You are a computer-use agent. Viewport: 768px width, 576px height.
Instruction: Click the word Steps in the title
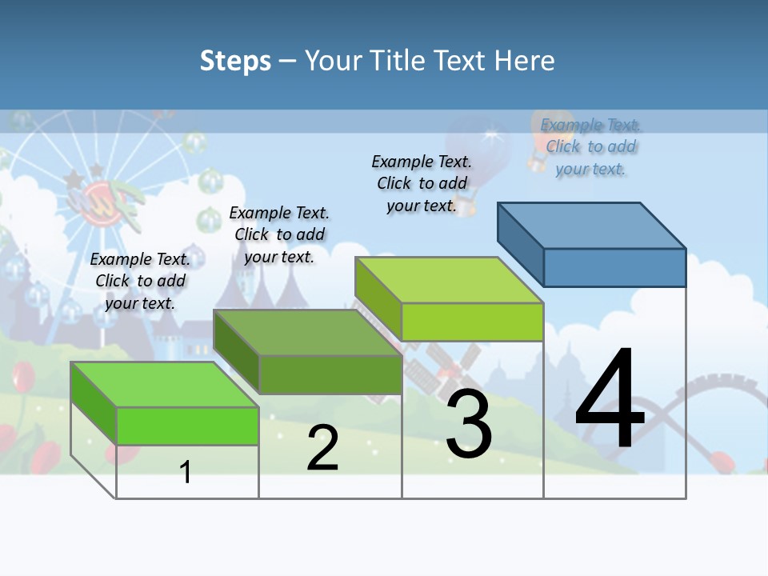pos(235,61)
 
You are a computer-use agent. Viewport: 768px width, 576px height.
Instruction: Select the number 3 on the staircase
pos(469,424)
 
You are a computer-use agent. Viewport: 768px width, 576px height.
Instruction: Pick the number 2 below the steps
pos(322,448)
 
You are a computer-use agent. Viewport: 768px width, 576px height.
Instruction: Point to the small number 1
pos(186,472)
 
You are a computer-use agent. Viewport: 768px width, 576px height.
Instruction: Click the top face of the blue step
pos(592,225)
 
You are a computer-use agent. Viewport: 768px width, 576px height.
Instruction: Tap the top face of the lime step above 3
pos(449,280)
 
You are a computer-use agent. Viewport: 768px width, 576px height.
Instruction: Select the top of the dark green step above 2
pos(307,333)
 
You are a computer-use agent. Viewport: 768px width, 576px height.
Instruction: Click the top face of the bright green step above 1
pos(165,385)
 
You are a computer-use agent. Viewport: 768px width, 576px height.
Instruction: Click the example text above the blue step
pos(591,146)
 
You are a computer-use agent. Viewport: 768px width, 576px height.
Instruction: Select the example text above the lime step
pos(422,183)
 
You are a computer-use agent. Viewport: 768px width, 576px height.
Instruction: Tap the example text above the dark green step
pos(279,234)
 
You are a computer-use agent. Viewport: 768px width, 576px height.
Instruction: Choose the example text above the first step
pos(140,281)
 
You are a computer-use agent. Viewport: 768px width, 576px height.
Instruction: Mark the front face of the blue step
pos(614,267)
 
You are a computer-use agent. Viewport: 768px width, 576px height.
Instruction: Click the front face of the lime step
pos(472,322)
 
